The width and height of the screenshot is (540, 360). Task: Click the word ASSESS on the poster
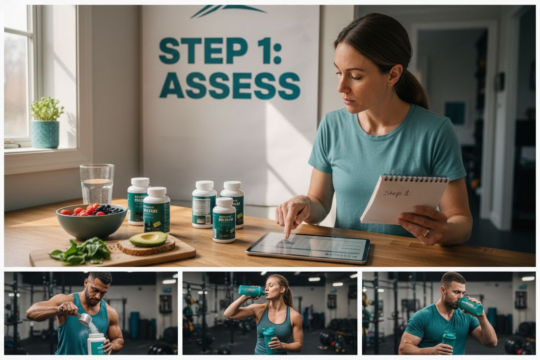click(x=230, y=86)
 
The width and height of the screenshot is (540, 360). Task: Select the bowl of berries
click(x=91, y=220)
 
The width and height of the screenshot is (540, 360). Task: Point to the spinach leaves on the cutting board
click(x=81, y=250)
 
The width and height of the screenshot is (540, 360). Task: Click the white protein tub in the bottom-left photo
click(x=96, y=343)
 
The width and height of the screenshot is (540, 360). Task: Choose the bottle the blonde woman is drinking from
click(x=251, y=291)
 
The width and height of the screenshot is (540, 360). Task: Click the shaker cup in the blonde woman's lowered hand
click(x=269, y=338)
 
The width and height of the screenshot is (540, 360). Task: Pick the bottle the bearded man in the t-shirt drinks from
click(x=470, y=306)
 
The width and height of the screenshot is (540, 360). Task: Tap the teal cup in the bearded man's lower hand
click(x=449, y=339)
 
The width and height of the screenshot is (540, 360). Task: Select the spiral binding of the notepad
click(x=415, y=178)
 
